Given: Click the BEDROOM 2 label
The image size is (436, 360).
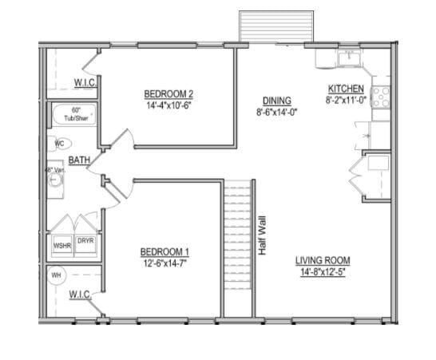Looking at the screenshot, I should (x=169, y=93).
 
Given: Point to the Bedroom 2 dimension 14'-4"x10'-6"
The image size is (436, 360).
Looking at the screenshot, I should (x=169, y=105).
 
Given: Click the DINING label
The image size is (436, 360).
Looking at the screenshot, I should (x=277, y=101).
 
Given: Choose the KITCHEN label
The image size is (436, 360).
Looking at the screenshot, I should (x=345, y=89).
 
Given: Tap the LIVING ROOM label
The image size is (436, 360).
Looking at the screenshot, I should (x=323, y=260).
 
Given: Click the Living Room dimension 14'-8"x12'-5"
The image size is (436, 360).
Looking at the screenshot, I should (x=323, y=271).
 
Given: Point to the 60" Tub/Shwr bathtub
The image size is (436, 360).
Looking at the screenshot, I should (x=74, y=115).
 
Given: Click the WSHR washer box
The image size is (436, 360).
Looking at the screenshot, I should (x=62, y=246).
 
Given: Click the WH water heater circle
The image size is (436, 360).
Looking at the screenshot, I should (x=57, y=276).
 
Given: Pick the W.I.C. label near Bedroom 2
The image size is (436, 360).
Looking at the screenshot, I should (x=85, y=83).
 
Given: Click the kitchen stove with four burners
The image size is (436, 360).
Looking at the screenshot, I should (x=381, y=97).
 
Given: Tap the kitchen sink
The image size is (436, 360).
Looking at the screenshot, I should (x=348, y=57).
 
